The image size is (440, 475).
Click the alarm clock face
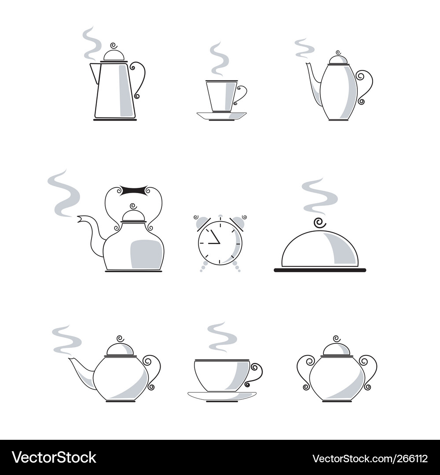(220, 243)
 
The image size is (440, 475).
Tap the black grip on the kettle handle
(134, 191)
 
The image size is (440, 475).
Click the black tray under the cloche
(320, 270)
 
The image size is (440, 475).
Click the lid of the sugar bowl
(336, 349)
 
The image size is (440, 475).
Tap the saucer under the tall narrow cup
(221, 115)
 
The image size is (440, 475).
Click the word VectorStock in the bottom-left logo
(54, 457)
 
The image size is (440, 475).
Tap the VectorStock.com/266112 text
(370, 458)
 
